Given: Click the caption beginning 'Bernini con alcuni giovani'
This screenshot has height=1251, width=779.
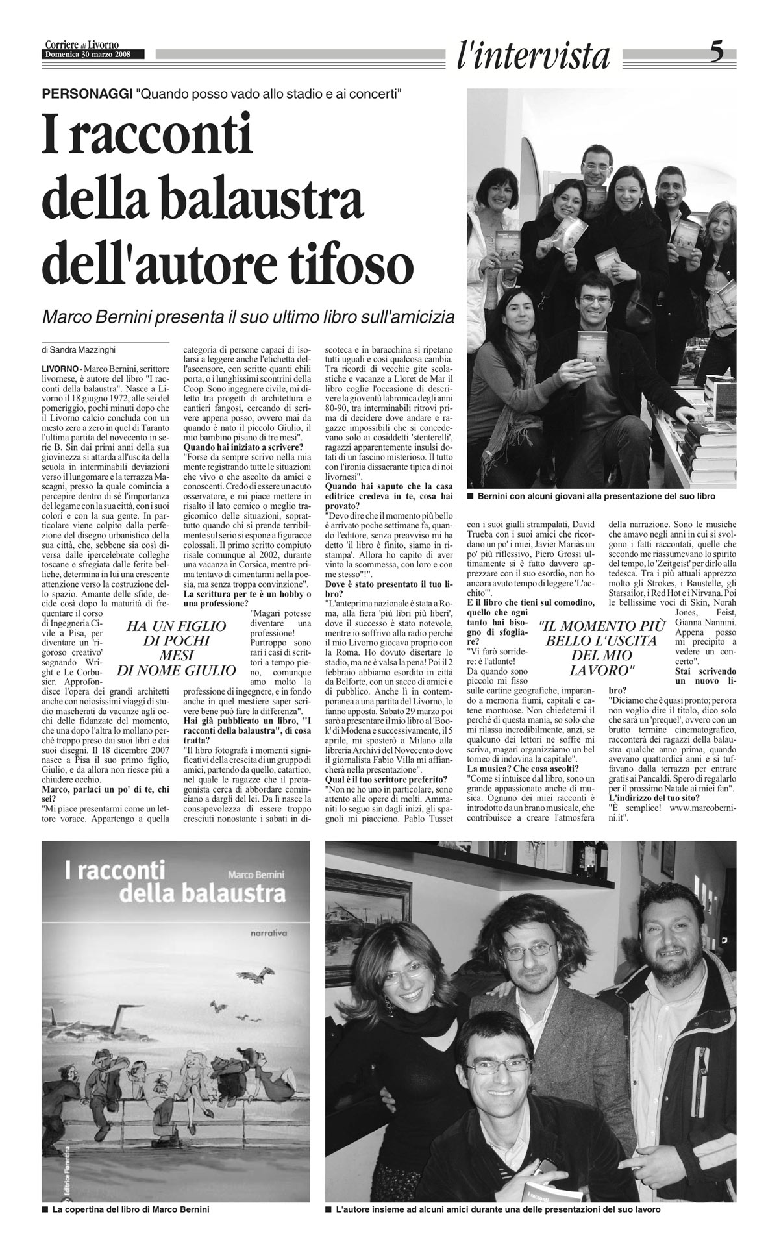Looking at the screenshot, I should [x=594, y=496].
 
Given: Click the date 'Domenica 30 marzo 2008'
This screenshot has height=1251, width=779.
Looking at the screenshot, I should [x=88, y=55].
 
